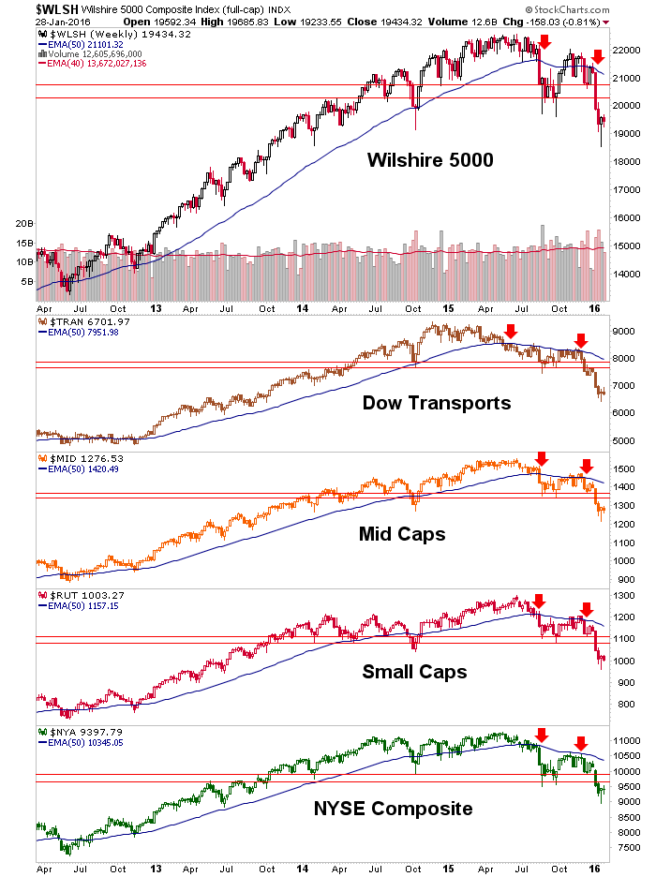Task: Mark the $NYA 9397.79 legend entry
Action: click(75, 731)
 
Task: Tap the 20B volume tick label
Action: click(24, 225)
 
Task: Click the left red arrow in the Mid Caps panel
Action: click(541, 458)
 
